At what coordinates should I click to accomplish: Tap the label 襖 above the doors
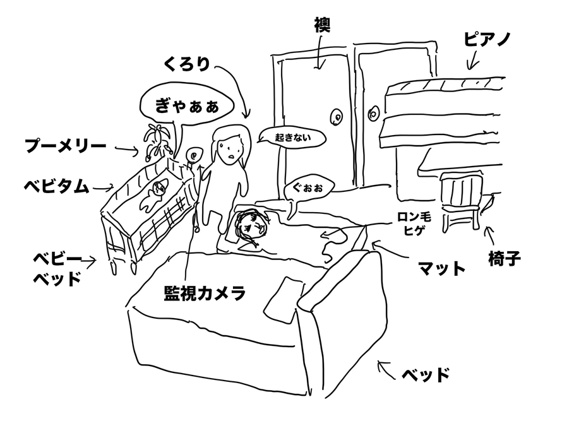click(322, 25)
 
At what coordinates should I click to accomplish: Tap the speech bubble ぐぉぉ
click(308, 187)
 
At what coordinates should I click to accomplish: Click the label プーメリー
click(65, 147)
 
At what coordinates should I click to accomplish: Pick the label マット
click(442, 268)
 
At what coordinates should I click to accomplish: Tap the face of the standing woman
click(227, 149)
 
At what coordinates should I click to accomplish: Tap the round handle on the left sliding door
click(337, 117)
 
